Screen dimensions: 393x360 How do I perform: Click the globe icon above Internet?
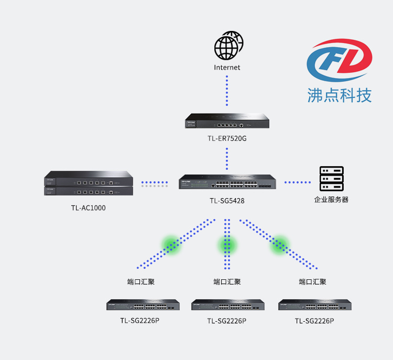pyautogui.click(x=228, y=46)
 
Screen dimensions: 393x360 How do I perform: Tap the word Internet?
pyautogui.click(x=227, y=68)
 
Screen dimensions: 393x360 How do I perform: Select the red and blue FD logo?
pyautogui.click(x=340, y=60)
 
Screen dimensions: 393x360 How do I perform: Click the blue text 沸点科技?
pyautogui.click(x=340, y=95)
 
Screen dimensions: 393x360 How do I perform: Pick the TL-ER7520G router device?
pyautogui.click(x=227, y=121)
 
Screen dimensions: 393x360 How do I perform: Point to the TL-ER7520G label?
pyautogui.click(x=227, y=138)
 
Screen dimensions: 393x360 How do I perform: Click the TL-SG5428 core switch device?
pyautogui.click(x=227, y=182)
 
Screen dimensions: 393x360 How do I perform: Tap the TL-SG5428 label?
pyautogui.click(x=227, y=201)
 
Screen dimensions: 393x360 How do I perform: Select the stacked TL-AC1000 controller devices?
pyautogui.click(x=89, y=183)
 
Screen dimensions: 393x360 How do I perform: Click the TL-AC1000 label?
pyautogui.click(x=88, y=208)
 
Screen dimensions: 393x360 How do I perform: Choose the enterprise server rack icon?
pyautogui.click(x=331, y=179)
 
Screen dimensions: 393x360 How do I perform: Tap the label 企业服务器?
pyautogui.click(x=331, y=200)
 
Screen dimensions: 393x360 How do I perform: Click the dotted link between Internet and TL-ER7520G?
pyautogui.click(x=227, y=91)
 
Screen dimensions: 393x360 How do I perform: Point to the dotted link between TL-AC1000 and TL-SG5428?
pyautogui.click(x=155, y=184)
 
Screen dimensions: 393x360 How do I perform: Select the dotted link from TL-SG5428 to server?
pyautogui.click(x=298, y=182)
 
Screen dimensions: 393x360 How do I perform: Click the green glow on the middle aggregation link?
pyautogui.click(x=227, y=245)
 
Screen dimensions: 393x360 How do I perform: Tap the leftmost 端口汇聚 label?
pyautogui.click(x=141, y=282)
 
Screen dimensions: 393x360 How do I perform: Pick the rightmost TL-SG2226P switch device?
pyautogui.click(x=315, y=304)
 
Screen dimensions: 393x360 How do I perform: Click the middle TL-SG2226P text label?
pyautogui.click(x=227, y=321)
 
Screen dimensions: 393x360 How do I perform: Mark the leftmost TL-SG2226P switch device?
pyautogui.click(x=143, y=304)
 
